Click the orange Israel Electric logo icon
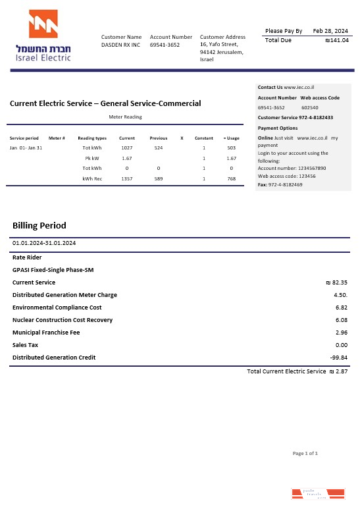tap(43, 24)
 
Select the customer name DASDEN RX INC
tap(120, 45)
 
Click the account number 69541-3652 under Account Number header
tap(165, 45)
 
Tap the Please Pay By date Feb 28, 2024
tap(330, 31)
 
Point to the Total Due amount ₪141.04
tap(337, 40)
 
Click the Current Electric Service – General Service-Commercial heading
tap(105, 103)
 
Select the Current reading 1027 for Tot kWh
tap(127, 148)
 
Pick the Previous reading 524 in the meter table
tap(159, 148)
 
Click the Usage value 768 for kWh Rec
tap(231, 178)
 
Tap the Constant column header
tap(203, 138)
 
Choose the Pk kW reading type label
tap(91, 159)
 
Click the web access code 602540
tap(310, 107)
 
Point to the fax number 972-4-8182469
tap(285, 185)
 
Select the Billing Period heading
tap(39, 226)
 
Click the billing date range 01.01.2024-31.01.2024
tap(44, 243)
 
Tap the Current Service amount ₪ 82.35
tap(336, 282)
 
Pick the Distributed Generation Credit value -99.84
tap(338, 358)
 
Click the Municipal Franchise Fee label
tap(46, 333)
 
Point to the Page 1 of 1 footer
tap(305, 453)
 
